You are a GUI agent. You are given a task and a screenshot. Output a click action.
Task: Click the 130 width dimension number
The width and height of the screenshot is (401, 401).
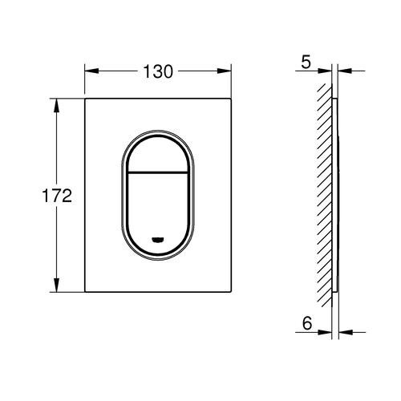coord(158,71)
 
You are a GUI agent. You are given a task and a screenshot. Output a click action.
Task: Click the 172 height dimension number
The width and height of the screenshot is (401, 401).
coord(57,196)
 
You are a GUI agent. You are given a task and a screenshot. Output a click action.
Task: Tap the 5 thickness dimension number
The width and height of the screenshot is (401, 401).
coord(306,62)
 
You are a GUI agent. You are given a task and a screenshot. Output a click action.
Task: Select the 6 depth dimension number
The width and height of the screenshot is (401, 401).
coord(307,323)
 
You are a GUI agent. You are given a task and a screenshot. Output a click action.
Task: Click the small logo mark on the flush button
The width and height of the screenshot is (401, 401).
coord(158,240)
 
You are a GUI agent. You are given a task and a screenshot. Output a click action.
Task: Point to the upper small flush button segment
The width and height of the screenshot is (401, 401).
coord(158,154)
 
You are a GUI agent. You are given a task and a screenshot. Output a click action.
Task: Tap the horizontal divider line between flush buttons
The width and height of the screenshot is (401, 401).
coord(158,172)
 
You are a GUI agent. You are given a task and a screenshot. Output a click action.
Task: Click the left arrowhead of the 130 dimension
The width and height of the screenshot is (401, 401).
coord(91,71)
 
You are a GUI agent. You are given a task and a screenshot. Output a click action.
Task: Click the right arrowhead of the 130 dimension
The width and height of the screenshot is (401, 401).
coord(224,71)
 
